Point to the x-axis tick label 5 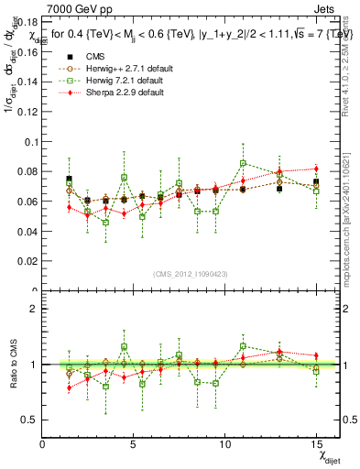click(134, 443)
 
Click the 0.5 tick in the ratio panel click(29, 420)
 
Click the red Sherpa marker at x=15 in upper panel click(316, 169)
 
